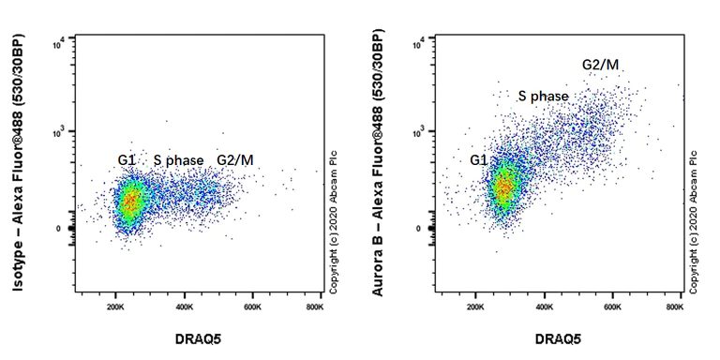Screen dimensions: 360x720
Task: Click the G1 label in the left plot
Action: click(127, 161)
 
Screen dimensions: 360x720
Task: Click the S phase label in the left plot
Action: click(178, 161)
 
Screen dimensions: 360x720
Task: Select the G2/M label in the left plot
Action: click(235, 161)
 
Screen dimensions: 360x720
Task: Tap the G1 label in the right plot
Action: click(479, 160)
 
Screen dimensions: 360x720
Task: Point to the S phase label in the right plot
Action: click(543, 97)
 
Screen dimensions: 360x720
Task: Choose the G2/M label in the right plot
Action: click(600, 64)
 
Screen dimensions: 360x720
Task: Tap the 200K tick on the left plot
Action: click(117, 306)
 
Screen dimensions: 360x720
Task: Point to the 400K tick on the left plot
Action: click(185, 306)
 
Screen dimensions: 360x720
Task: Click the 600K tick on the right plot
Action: click(613, 306)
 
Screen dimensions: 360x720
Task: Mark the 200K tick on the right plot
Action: click(476, 306)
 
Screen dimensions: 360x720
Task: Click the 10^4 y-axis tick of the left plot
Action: click(57, 41)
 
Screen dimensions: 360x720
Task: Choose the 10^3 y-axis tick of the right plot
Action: click(418, 132)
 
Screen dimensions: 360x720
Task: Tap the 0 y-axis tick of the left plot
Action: click(58, 229)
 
